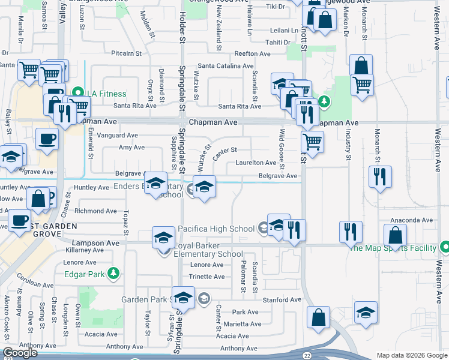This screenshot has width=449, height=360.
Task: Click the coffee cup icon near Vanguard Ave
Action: (47, 139)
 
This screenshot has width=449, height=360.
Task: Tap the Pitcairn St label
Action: (125, 53)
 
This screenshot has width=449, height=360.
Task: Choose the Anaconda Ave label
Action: (411, 220)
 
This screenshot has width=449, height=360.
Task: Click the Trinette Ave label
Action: (206, 277)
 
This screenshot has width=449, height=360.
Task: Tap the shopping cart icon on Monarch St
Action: (362, 85)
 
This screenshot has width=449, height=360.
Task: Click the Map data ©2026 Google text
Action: (411, 355)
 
